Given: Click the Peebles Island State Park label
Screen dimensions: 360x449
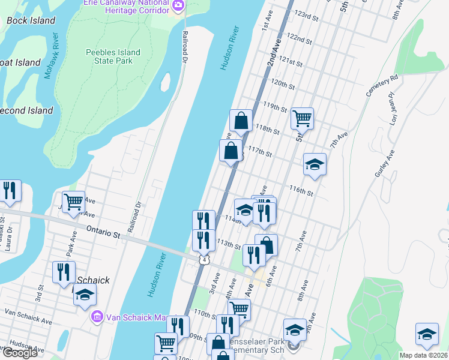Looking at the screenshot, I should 113,57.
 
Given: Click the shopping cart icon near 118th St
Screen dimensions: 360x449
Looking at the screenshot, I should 302,118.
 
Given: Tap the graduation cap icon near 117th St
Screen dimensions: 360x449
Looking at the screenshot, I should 315,165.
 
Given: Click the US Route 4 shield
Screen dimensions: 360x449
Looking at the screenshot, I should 205,260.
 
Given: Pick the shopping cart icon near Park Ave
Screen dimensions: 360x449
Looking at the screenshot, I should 74,202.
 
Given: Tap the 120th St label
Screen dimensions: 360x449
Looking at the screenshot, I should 283,82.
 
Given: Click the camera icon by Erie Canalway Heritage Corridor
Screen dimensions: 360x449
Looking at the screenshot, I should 178,6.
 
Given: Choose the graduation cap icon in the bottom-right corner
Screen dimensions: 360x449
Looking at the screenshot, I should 427,334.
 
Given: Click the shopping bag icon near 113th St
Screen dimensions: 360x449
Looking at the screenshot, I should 267,244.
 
